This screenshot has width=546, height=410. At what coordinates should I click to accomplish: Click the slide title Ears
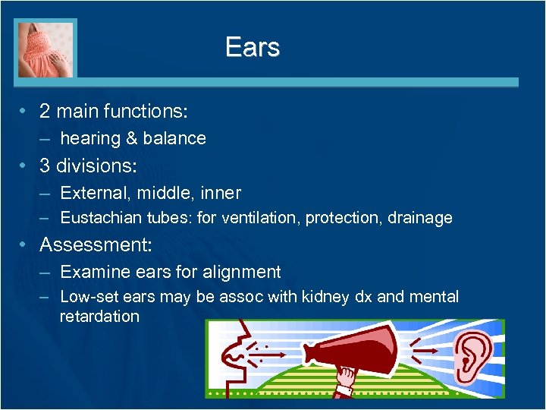(253, 47)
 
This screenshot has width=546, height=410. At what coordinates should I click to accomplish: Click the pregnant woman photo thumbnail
(45, 49)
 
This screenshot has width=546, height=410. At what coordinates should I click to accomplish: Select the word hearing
(90, 138)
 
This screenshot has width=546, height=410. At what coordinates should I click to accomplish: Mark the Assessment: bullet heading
(96, 245)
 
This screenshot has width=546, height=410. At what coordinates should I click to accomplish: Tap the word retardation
(99, 317)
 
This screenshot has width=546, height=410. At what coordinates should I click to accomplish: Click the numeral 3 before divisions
(45, 166)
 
